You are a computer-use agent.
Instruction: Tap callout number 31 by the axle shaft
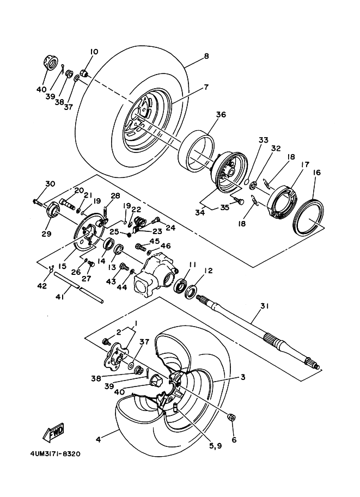point(264,306)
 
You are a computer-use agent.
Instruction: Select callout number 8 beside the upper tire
point(206,56)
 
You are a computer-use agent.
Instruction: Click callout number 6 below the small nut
point(234,439)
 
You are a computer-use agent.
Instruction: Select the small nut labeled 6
point(231,418)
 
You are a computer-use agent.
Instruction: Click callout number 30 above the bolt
point(50,184)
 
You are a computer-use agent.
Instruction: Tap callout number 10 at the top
point(94,52)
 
